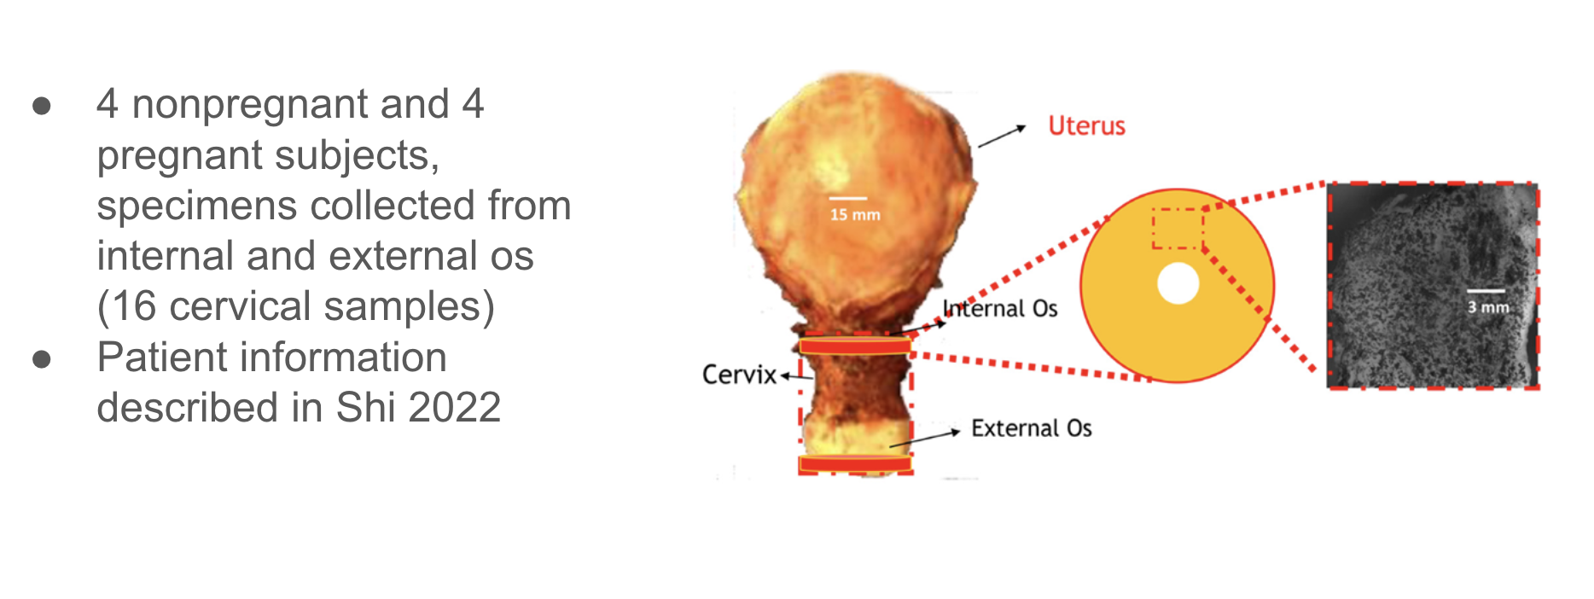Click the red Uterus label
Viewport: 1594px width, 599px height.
pyautogui.click(x=1086, y=126)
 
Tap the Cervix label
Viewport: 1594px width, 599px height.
pyautogui.click(x=739, y=375)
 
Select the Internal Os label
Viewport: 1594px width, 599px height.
pyautogui.click(x=1000, y=308)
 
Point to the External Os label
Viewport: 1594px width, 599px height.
pyautogui.click(x=1032, y=427)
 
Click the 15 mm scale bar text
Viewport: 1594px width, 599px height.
pyautogui.click(x=855, y=214)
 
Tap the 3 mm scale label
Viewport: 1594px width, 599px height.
pyautogui.click(x=1488, y=307)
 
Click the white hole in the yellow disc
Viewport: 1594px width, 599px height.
pyautogui.click(x=1178, y=284)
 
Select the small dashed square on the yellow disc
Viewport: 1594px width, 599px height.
pyautogui.click(x=1178, y=228)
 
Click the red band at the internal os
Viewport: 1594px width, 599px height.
pyautogui.click(x=855, y=346)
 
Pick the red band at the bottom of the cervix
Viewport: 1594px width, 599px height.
pyautogui.click(x=855, y=464)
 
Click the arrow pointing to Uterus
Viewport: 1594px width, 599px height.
pyautogui.click(x=1002, y=137)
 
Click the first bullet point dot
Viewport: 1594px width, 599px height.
pyautogui.click(x=42, y=106)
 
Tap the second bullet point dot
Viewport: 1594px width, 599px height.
pyautogui.click(x=42, y=359)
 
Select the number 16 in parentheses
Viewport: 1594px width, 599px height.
pyautogui.click(x=134, y=305)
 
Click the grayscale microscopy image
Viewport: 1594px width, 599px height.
pyautogui.click(x=1433, y=286)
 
